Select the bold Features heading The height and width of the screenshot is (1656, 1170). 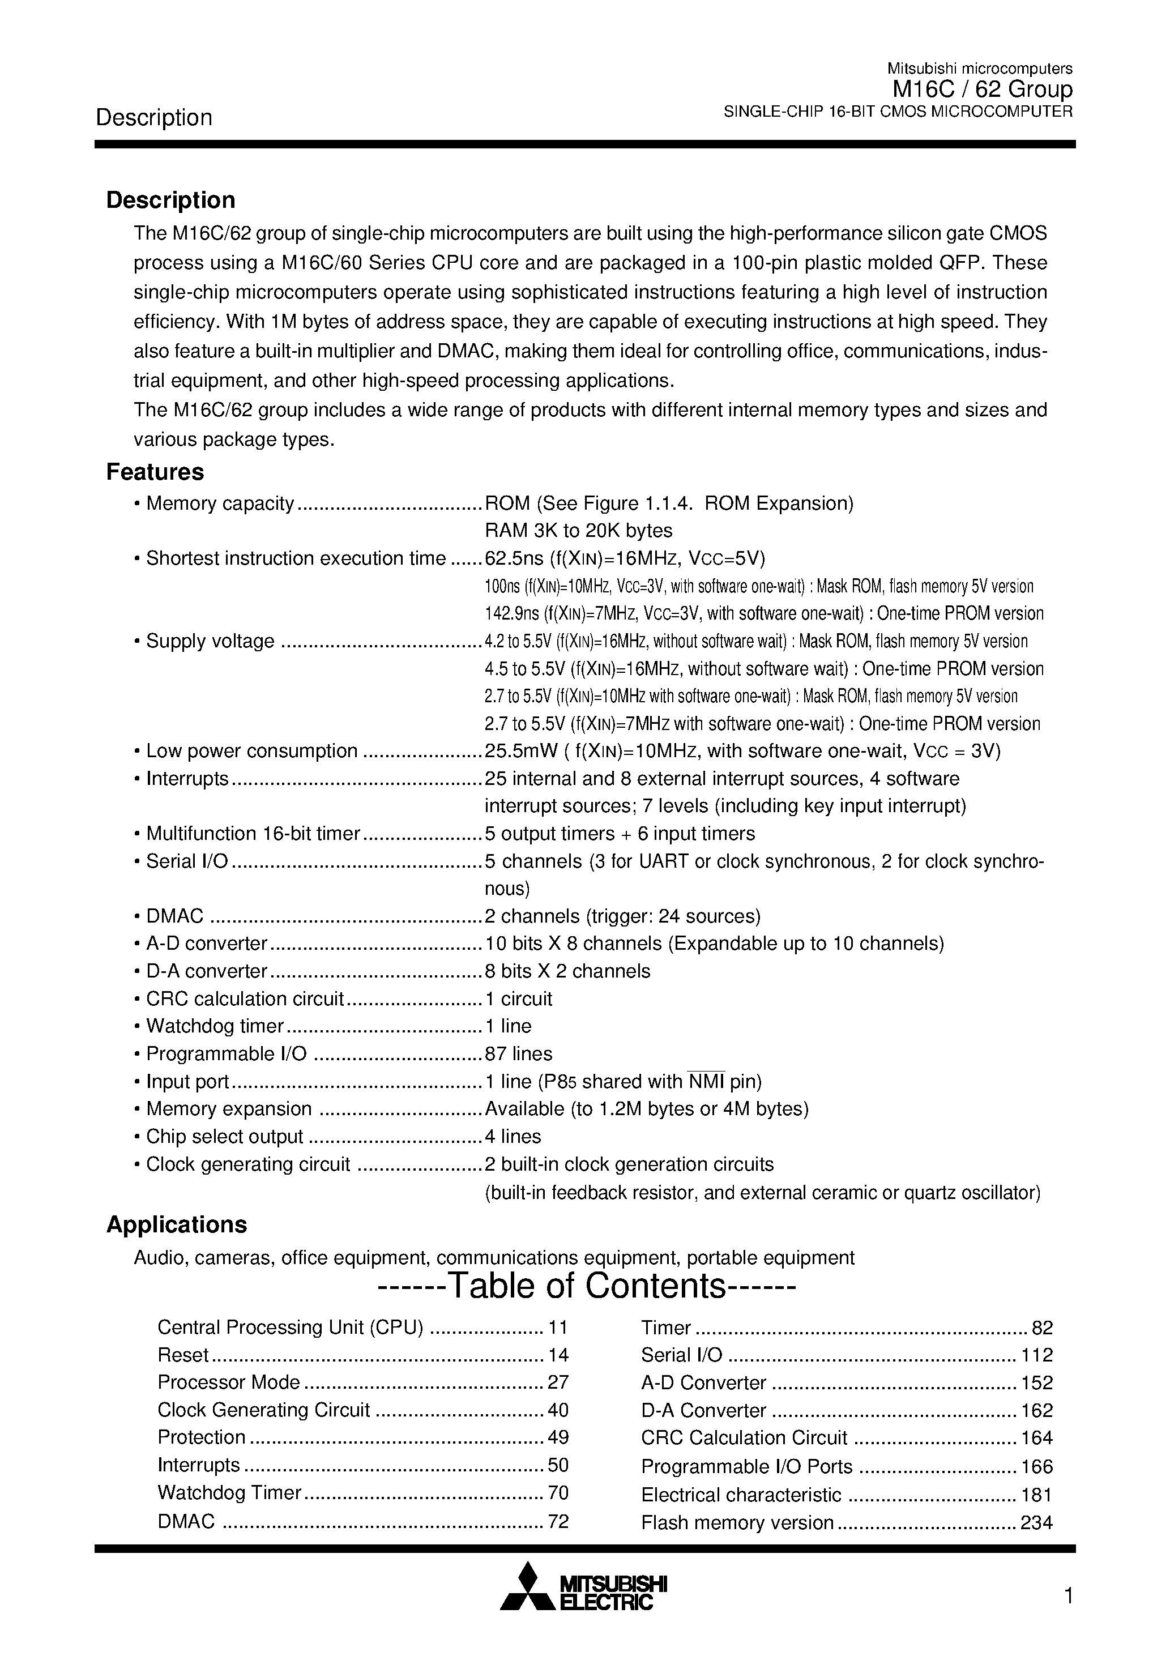point(155,472)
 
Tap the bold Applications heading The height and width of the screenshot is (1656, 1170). point(176,1224)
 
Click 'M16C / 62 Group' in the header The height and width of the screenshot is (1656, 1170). point(982,89)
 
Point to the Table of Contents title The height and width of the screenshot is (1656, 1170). point(586,1286)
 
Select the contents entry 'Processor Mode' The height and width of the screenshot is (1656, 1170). point(228,1382)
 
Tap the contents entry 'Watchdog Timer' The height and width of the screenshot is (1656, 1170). point(229,1492)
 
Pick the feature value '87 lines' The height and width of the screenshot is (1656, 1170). point(518,1054)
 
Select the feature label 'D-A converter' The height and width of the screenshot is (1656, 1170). point(206,971)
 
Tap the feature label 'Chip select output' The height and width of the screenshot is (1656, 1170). point(224,1137)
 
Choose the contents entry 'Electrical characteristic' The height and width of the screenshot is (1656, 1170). point(741,1495)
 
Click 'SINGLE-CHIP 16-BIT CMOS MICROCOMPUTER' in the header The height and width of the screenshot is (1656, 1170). point(898,111)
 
